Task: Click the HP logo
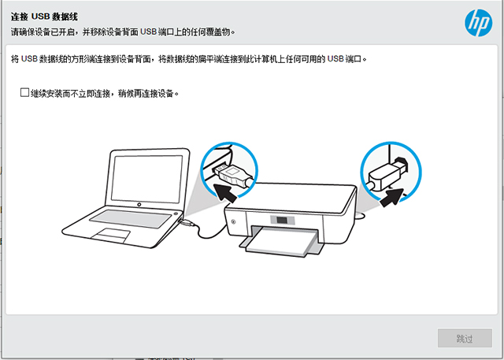[478, 23]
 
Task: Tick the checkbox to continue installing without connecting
[24, 93]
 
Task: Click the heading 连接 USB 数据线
[44, 17]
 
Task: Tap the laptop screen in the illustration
[147, 179]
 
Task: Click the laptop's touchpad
[110, 236]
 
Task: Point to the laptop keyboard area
[131, 218]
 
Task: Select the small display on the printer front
[282, 221]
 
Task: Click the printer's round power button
[233, 221]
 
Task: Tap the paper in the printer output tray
[280, 241]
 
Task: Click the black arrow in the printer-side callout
[391, 198]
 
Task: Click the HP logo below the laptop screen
[139, 205]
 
